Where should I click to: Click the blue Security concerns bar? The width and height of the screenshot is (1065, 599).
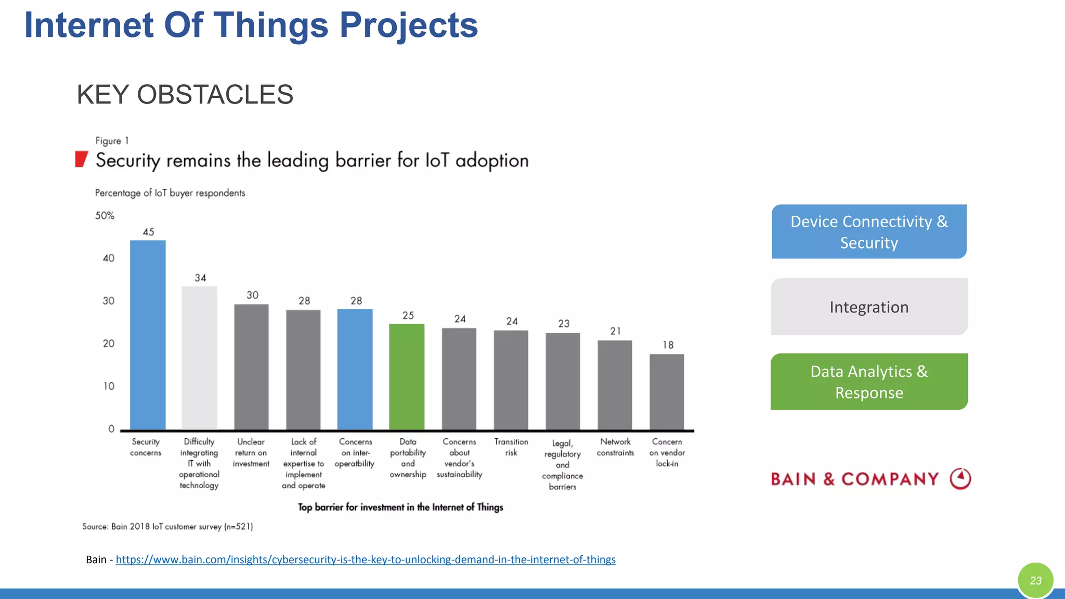(148, 335)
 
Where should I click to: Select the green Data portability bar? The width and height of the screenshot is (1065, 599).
(407, 376)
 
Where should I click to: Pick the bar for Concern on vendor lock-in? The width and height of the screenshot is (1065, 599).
(667, 392)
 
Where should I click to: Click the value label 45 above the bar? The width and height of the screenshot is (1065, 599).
(148, 232)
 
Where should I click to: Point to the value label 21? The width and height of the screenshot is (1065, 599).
(615, 331)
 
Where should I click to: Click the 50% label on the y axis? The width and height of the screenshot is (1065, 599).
(105, 215)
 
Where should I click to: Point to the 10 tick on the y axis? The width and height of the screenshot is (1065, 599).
(109, 386)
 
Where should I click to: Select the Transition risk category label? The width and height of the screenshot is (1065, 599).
(511, 447)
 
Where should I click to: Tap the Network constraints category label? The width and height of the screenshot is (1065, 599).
(615, 447)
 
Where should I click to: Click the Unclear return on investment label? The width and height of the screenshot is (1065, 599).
(251, 452)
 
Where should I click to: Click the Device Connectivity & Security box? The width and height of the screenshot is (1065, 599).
(868, 231)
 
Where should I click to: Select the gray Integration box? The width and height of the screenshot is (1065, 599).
(868, 307)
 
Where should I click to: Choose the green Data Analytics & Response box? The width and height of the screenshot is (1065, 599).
(868, 382)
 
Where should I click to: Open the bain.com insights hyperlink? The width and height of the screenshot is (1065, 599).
(365, 559)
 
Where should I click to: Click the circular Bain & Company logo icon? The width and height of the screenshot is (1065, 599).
(960, 478)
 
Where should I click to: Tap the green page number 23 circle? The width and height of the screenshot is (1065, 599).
(1035, 580)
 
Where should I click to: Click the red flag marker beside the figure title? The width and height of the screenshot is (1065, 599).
(81, 159)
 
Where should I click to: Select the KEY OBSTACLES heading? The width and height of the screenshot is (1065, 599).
(185, 95)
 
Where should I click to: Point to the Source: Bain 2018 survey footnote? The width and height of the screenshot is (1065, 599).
(167, 526)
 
